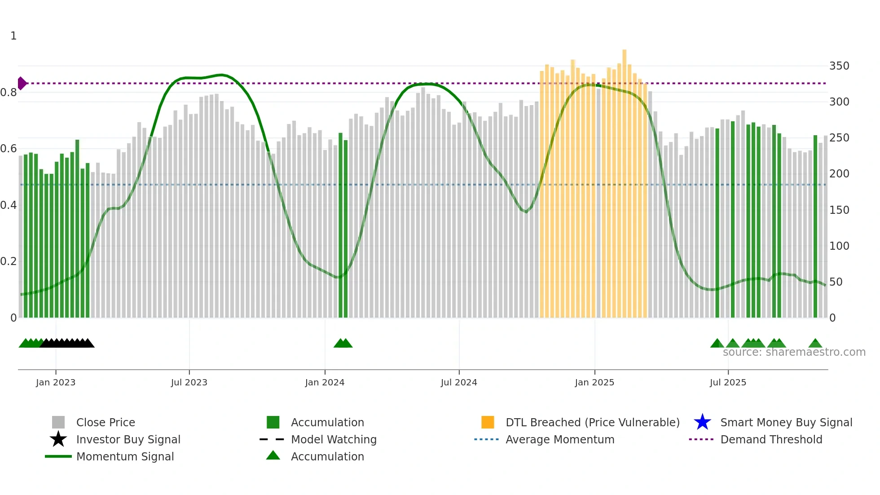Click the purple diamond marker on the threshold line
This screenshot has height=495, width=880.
pyautogui.click(x=22, y=83)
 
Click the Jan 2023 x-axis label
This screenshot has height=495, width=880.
pyautogui.click(x=56, y=382)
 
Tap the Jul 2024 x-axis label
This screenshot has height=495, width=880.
pyautogui.click(x=459, y=382)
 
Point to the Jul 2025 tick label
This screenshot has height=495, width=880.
pyautogui.click(x=728, y=382)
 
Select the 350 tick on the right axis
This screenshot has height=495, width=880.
pyautogui.click(x=839, y=66)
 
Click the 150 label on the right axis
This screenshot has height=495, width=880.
pyautogui.click(x=839, y=210)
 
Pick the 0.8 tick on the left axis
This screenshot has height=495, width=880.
pyautogui.click(x=9, y=93)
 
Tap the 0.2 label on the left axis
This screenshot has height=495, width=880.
pyautogui.click(x=9, y=261)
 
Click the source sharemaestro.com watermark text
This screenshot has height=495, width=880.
pyautogui.click(x=794, y=352)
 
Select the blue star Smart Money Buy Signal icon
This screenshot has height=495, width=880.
pyautogui.click(x=702, y=422)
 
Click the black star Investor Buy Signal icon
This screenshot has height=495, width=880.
pyautogui.click(x=58, y=439)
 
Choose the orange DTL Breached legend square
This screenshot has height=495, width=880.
pyautogui.click(x=488, y=422)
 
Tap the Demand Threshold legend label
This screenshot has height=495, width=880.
pyautogui.click(x=771, y=439)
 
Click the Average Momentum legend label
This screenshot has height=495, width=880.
pyautogui.click(x=560, y=439)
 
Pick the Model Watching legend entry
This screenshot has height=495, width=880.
pyautogui.click(x=333, y=439)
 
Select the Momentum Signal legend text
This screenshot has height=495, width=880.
pyautogui.click(x=125, y=456)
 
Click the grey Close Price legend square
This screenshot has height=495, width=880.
pyautogui.click(x=58, y=422)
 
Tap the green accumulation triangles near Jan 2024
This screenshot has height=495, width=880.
pyautogui.click(x=343, y=344)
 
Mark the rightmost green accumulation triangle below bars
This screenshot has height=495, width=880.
pyautogui.click(x=815, y=344)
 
